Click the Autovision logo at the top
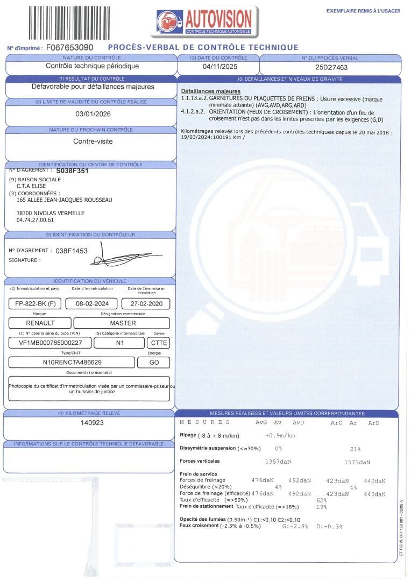click(205, 21)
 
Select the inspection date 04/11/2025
click(219, 67)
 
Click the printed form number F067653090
click(70, 47)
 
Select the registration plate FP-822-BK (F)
click(36, 303)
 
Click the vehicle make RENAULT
click(40, 323)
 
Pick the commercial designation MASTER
click(123, 323)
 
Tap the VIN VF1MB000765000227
click(51, 343)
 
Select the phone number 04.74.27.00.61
click(35, 220)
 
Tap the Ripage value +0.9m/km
click(281, 435)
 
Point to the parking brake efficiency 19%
click(322, 507)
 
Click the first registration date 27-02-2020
click(146, 303)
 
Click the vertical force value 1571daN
click(357, 462)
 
